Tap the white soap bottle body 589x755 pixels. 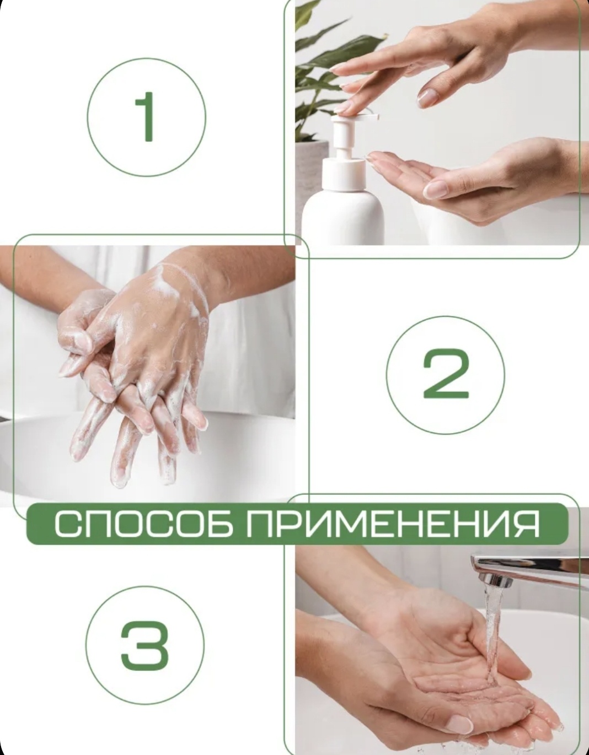click(343, 215)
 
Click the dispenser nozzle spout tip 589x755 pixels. click(376, 117)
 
